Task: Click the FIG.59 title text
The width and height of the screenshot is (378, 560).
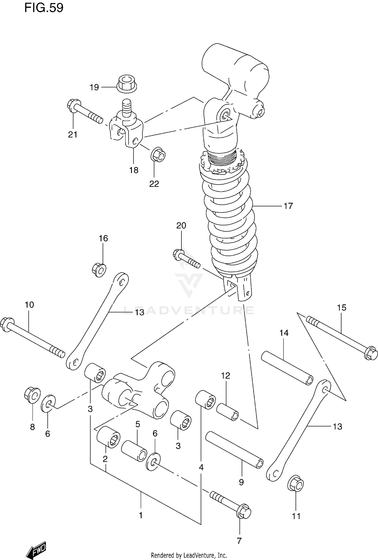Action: [x=44, y=8]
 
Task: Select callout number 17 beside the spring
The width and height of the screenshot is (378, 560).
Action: [x=288, y=206]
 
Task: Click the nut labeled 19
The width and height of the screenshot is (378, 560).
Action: [x=127, y=83]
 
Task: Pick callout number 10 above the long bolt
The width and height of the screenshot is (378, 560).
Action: [x=29, y=305]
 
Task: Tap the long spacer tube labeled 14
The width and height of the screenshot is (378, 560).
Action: [x=287, y=368]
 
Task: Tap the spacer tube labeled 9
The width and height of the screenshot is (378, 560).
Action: [x=234, y=450]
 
